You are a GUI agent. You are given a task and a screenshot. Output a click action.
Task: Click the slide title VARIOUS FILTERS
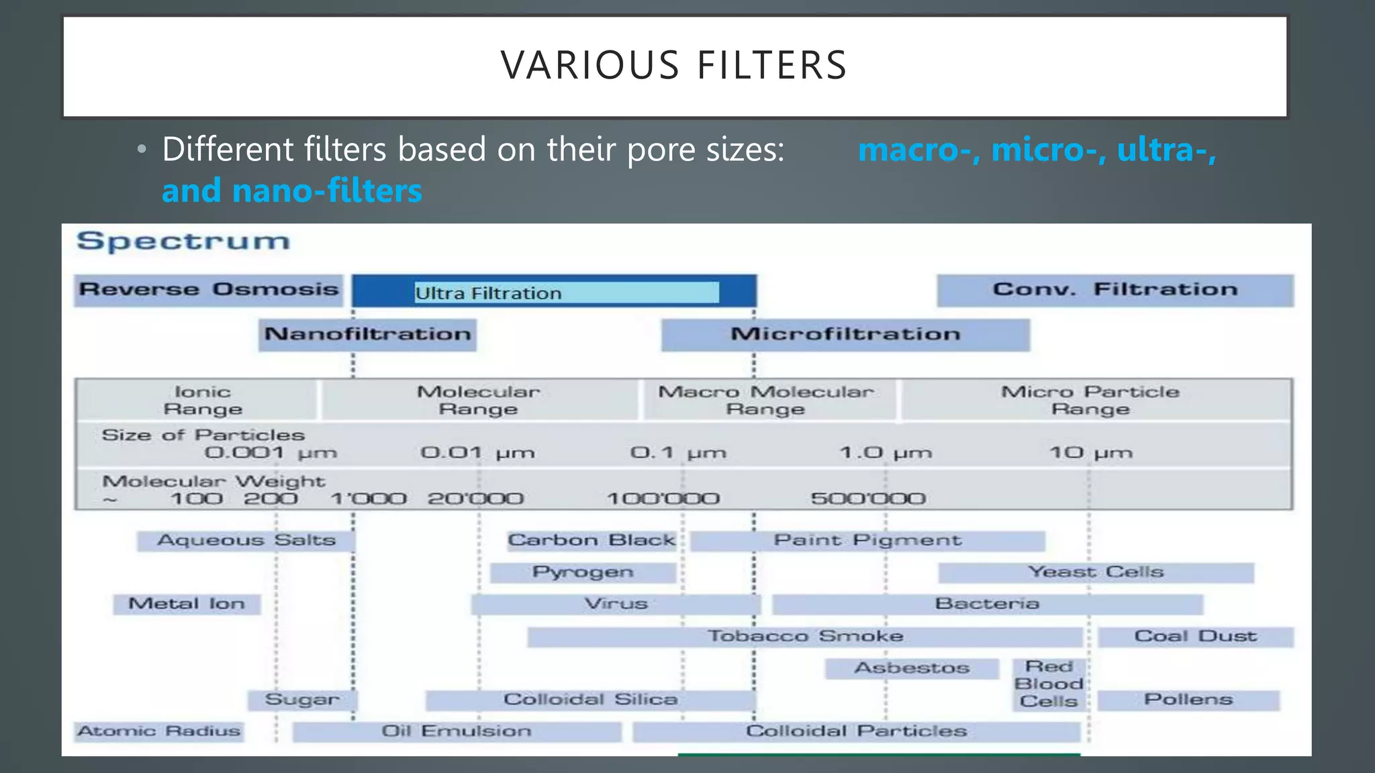674,66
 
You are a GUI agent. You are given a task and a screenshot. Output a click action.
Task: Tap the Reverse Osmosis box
208,290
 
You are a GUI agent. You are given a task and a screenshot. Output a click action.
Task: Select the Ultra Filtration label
489,293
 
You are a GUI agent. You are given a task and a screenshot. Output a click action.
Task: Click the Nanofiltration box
367,334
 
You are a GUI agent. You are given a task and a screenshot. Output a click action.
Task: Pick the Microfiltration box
845,334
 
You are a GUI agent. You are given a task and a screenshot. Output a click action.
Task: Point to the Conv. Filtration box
1115,290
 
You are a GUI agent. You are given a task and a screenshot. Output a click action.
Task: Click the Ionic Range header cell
202,401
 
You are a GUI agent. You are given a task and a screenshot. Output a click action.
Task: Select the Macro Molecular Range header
765,401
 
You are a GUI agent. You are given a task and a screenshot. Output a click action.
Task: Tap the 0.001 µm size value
270,453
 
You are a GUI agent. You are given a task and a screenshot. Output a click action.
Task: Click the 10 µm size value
1090,453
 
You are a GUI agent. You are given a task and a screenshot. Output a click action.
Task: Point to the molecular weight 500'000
867,499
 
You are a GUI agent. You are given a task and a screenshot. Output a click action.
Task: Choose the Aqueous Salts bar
246,541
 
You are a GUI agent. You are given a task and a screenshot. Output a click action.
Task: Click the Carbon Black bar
591,541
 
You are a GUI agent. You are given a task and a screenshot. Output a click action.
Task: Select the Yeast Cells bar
1096,572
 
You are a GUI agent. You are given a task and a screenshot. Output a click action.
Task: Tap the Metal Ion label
187,604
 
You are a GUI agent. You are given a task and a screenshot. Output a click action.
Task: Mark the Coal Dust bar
1195,636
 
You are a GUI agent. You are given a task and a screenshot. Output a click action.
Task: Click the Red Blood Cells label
1049,684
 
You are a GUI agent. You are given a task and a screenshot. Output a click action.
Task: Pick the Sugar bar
302,700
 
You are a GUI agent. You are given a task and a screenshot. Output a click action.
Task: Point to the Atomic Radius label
159,731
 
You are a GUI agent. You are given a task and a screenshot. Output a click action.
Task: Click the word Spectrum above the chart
183,241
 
